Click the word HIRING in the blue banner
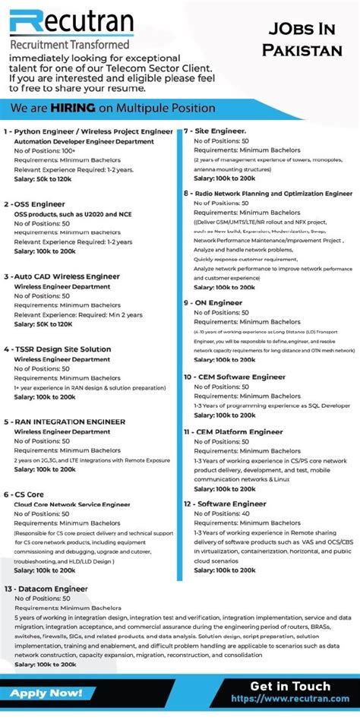(x=73, y=108)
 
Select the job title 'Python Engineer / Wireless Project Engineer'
(x=92, y=131)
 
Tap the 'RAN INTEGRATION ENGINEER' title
(x=68, y=422)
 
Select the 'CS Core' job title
(x=28, y=494)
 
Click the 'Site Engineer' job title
(x=219, y=131)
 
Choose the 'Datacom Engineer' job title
(x=50, y=589)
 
